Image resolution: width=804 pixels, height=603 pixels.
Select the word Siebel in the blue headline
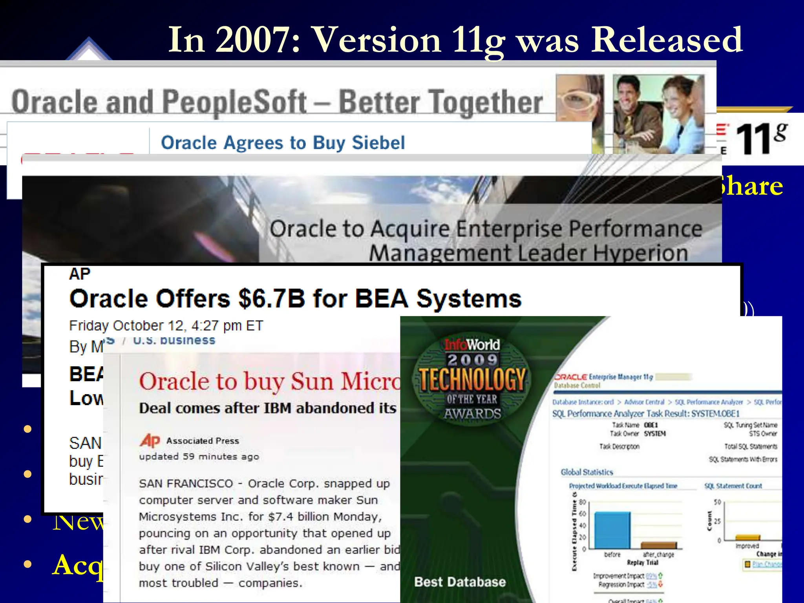pyautogui.click(x=378, y=143)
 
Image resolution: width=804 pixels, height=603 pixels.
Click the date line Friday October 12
pyautogui.click(x=166, y=325)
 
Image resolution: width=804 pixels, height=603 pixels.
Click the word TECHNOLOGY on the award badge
pyautogui.click(x=472, y=379)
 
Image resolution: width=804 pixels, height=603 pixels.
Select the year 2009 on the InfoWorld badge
pyautogui.click(x=472, y=360)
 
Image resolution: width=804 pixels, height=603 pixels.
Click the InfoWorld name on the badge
pyautogui.click(x=472, y=345)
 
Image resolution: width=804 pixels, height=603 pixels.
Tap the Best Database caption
pyautogui.click(x=460, y=582)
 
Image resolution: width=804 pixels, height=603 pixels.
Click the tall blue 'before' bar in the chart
pyautogui.click(x=612, y=530)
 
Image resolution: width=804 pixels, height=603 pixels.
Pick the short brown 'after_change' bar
pyautogui.click(x=658, y=545)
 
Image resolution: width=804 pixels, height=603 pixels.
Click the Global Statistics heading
pyautogui.click(x=587, y=472)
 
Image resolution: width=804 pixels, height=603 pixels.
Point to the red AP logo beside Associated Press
pyautogui.click(x=150, y=440)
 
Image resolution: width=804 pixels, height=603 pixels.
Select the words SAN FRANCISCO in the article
pyautogui.click(x=186, y=483)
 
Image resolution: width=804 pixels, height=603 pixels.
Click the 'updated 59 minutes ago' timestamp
pyautogui.click(x=199, y=457)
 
